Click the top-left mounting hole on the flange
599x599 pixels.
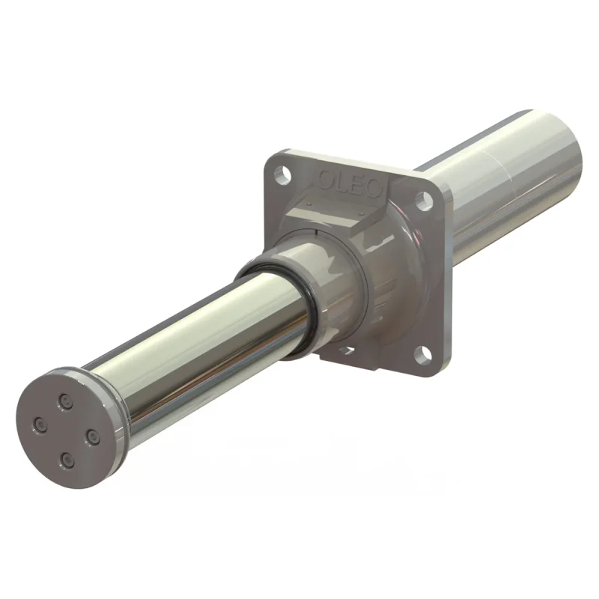pos(283,173)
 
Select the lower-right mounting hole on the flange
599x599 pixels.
pos(422,354)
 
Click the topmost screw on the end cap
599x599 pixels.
pos(65,401)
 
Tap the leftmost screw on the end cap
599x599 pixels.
pos(40,425)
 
